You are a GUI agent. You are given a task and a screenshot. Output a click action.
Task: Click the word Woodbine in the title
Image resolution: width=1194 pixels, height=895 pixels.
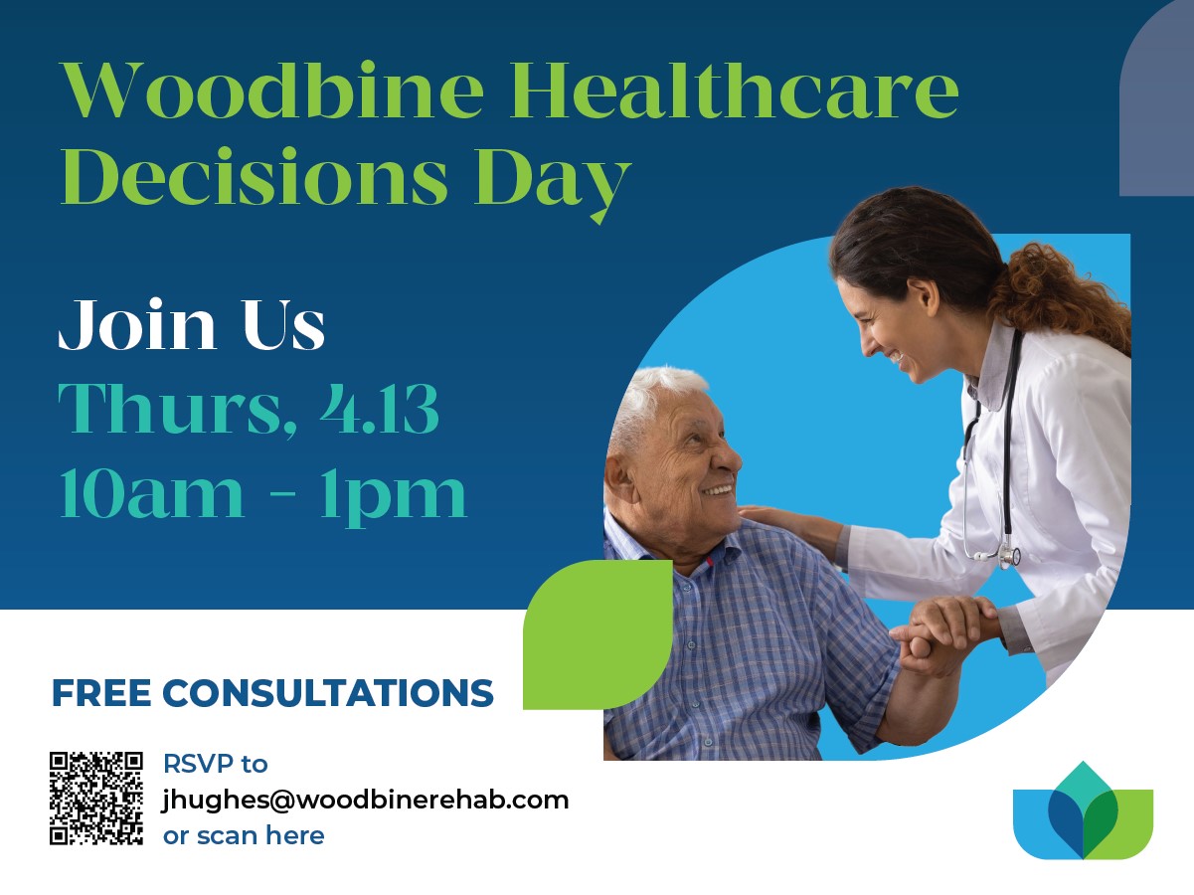tap(273, 89)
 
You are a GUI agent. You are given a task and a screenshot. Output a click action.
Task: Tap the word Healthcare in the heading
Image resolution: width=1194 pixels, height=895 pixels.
tap(735, 89)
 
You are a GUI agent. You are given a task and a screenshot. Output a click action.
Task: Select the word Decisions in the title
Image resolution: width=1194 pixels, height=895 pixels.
tap(255, 176)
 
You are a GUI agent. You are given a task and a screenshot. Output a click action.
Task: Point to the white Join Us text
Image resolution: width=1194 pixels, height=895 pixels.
tap(192, 324)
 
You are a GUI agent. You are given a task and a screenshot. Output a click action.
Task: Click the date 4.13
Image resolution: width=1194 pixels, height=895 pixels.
tap(379, 409)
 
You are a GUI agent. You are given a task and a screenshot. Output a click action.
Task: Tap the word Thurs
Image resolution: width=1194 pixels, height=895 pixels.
tap(178, 410)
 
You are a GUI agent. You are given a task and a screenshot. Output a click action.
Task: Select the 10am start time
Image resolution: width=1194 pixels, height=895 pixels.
tap(152, 494)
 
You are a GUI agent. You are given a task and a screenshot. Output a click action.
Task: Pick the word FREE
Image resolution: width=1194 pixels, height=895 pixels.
tap(101, 693)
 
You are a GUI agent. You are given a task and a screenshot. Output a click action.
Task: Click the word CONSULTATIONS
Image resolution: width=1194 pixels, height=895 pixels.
tap(328, 693)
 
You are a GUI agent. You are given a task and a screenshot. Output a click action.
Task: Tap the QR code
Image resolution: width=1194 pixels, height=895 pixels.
tap(96, 799)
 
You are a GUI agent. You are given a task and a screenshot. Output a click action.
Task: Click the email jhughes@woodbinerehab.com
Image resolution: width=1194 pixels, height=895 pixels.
tap(366, 801)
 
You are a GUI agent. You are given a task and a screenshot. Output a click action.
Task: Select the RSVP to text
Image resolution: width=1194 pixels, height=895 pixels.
tap(216, 764)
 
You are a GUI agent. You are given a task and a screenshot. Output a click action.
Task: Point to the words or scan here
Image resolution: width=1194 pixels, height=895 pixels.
tap(244, 836)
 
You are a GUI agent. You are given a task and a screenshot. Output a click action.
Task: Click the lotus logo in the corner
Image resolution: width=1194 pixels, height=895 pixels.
tap(1083, 810)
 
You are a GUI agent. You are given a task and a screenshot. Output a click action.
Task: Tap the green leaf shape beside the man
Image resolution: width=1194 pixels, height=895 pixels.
tap(597, 634)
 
